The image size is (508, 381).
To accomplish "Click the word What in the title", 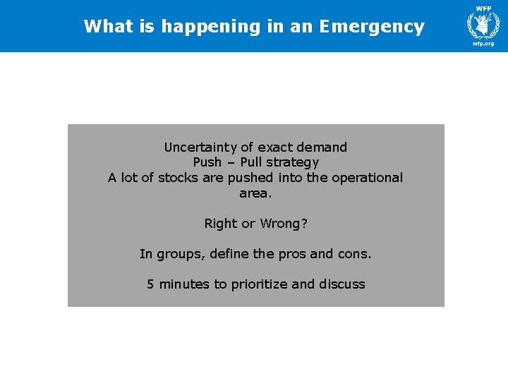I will pyautogui.click(x=107, y=27).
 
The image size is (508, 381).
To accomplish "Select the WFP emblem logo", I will pyautogui.click(x=483, y=24).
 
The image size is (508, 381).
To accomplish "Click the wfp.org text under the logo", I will pyautogui.click(x=483, y=44).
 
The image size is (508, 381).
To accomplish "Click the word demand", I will pyautogui.click(x=322, y=147).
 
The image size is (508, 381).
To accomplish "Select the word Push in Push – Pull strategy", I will pyautogui.click(x=207, y=162).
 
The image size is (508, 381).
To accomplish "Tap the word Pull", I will pyautogui.click(x=252, y=162).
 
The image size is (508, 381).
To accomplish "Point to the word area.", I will pyautogui.click(x=254, y=193).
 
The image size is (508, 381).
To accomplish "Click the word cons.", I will pyautogui.click(x=353, y=254).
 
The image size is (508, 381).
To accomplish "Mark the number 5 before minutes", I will pyautogui.click(x=150, y=284).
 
